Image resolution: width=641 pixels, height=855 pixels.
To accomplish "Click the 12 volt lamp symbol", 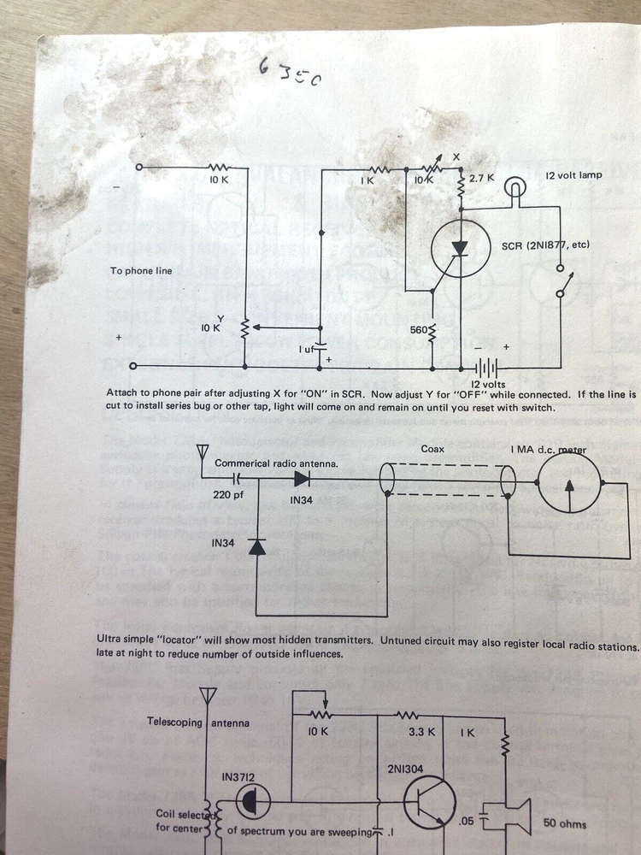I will tap(515, 186).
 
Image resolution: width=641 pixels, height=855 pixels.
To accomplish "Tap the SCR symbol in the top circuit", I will tap(460, 248).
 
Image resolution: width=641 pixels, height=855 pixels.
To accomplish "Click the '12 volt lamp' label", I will tap(573, 175).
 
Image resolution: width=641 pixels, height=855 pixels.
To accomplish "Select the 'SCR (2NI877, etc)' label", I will tap(544, 245).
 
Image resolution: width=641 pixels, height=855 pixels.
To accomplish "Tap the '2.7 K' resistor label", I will tap(482, 180).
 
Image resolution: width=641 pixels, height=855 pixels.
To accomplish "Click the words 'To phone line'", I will tap(141, 271).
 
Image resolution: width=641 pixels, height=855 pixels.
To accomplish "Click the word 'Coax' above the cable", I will tap(433, 448).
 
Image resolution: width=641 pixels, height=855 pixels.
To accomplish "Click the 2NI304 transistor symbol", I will tap(432, 804).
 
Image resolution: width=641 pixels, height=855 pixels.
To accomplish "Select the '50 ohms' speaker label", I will tap(565, 824).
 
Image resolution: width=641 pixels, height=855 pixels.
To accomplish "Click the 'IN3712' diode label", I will tap(238, 776).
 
